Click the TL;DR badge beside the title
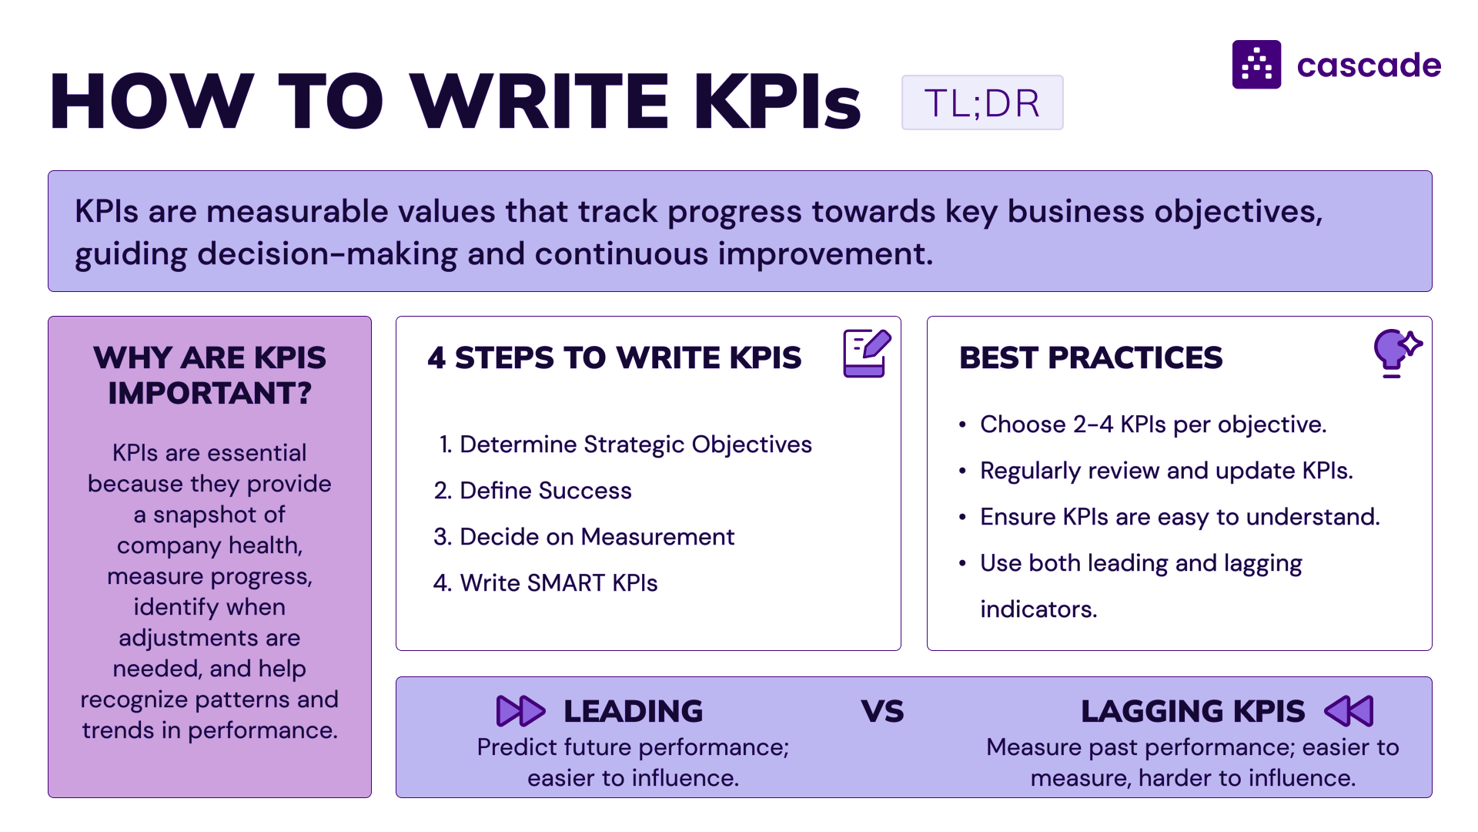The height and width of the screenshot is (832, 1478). click(982, 102)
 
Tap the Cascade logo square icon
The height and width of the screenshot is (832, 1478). click(1256, 65)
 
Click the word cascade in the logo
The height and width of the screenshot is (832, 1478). click(1369, 65)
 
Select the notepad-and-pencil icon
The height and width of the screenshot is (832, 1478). click(867, 353)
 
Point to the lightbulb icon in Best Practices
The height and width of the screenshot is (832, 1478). click(1397, 353)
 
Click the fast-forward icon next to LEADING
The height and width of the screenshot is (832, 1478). click(520, 711)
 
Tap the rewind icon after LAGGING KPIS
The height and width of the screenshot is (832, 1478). click(1349, 711)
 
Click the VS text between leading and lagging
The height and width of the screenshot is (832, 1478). click(882, 712)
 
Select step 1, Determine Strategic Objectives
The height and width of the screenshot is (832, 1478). click(625, 445)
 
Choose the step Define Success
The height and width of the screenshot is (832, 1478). click(533, 491)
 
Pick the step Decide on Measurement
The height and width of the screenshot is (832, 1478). click(584, 537)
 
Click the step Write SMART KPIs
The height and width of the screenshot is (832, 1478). click(546, 583)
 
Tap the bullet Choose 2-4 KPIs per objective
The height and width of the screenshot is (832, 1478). click(1143, 424)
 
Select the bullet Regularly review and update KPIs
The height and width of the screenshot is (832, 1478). click(1156, 471)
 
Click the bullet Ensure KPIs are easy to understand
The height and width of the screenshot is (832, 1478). click(1169, 517)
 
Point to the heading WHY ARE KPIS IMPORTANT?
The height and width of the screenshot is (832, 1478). click(209, 375)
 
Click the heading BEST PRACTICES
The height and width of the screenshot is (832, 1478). click(1091, 357)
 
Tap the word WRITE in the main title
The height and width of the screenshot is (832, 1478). click(540, 101)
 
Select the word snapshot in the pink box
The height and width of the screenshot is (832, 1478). click(219, 515)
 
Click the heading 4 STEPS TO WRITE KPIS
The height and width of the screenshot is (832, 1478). click(614, 357)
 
